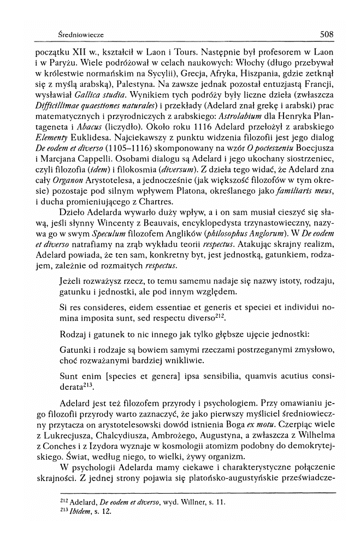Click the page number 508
pyautogui.click(x=327, y=34)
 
